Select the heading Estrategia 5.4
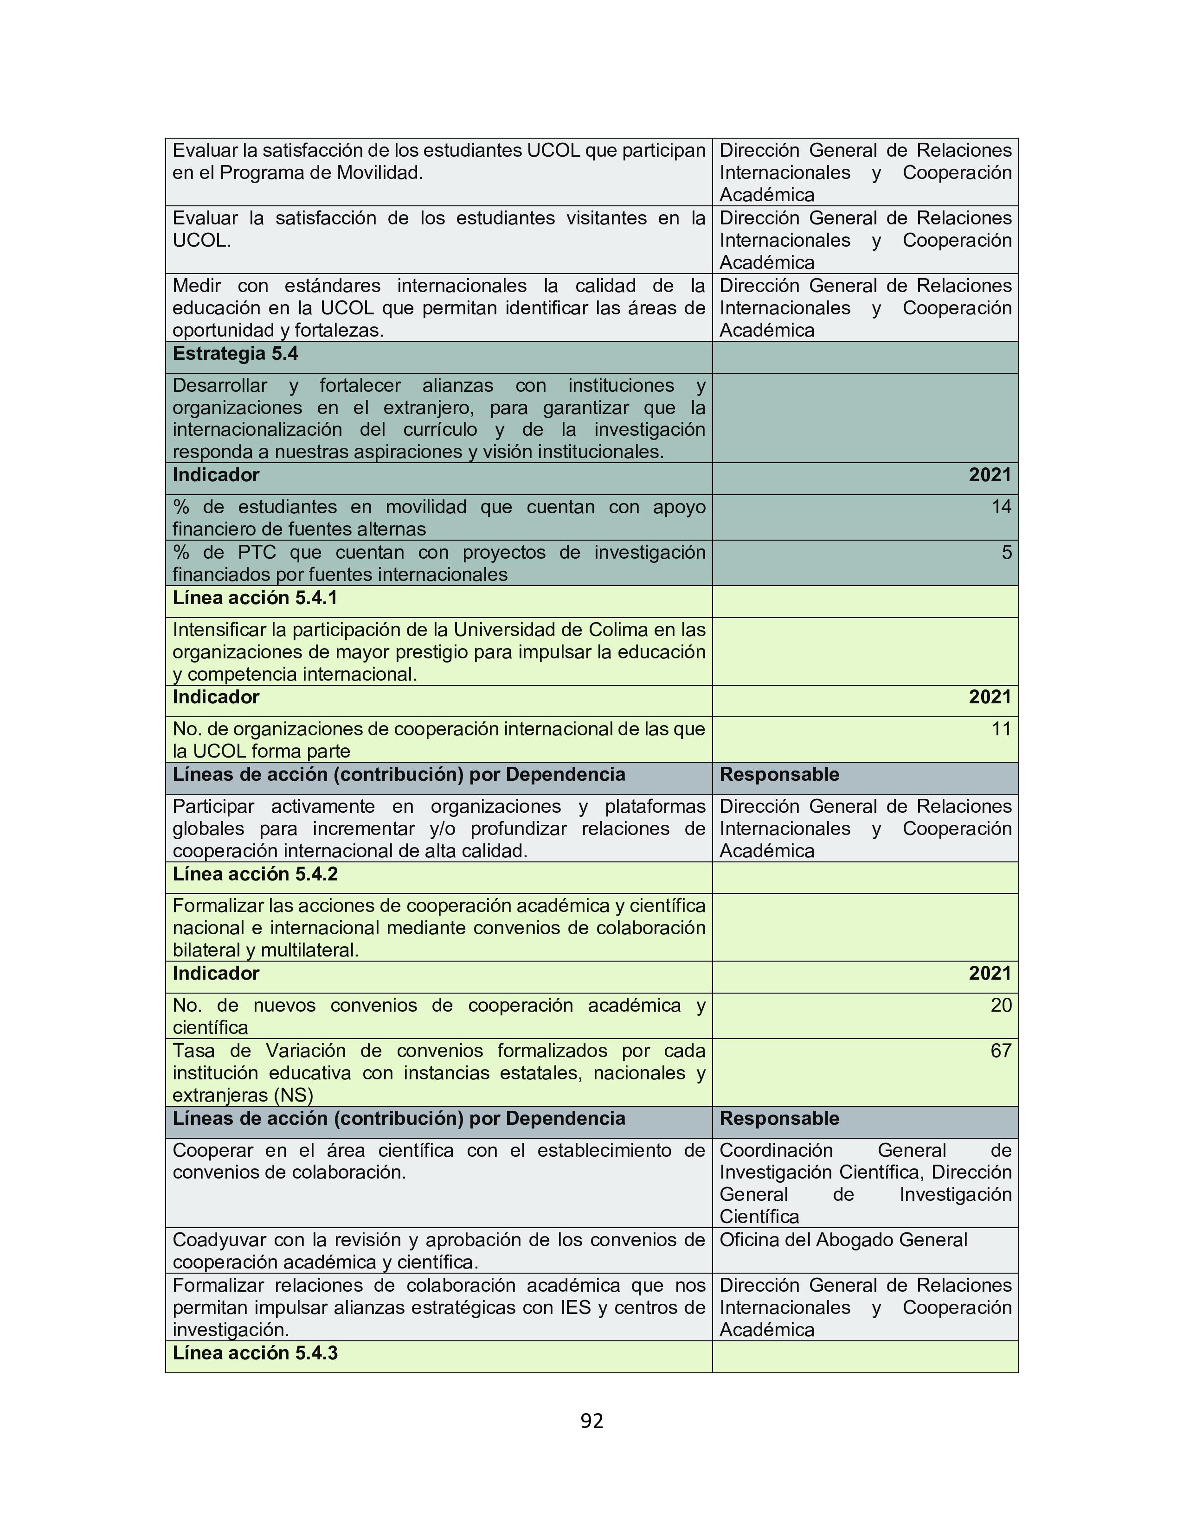pyautogui.click(x=236, y=354)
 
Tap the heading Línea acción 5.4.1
pyautogui.click(x=255, y=598)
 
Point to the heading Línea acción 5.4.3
pyautogui.click(x=255, y=1353)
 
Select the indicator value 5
pyautogui.click(x=1006, y=552)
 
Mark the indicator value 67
pyautogui.click(x=1001, y=1050)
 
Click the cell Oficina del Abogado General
pyautogui.click(x=843, y=1239)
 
